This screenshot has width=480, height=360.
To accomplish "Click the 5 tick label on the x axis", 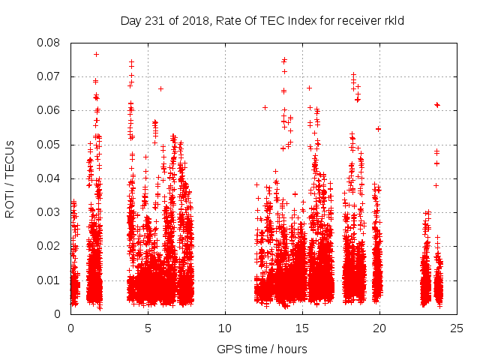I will (x=148, y=328).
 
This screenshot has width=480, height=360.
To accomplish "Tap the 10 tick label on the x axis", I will (x=225, y=328).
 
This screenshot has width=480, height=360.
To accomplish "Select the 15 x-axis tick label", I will (x=302, y=328).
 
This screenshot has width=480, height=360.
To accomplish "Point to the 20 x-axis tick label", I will (x=379, y=328).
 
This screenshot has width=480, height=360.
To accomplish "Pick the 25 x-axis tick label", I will (x=457, y=328).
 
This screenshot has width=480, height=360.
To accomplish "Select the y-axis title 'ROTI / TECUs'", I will (x=10, y=178).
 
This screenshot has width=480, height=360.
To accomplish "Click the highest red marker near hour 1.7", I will (x=97, y=54).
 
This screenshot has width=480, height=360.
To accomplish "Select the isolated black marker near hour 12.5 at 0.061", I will (x=265, y=107).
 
